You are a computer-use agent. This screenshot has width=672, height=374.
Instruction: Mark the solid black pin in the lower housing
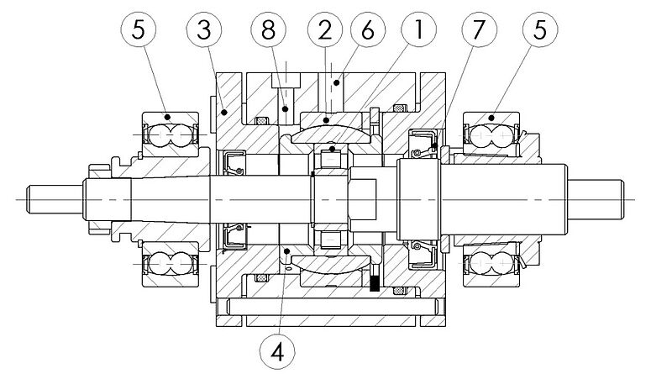[374, 284]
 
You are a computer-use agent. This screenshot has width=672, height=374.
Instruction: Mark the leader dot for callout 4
[288, 252]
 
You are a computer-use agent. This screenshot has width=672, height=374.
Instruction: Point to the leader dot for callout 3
[223, 109]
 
